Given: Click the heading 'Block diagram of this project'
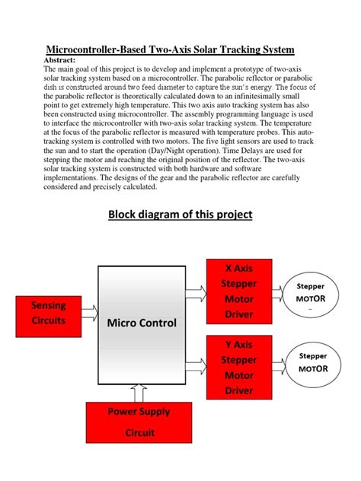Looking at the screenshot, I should tap(180, 214).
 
